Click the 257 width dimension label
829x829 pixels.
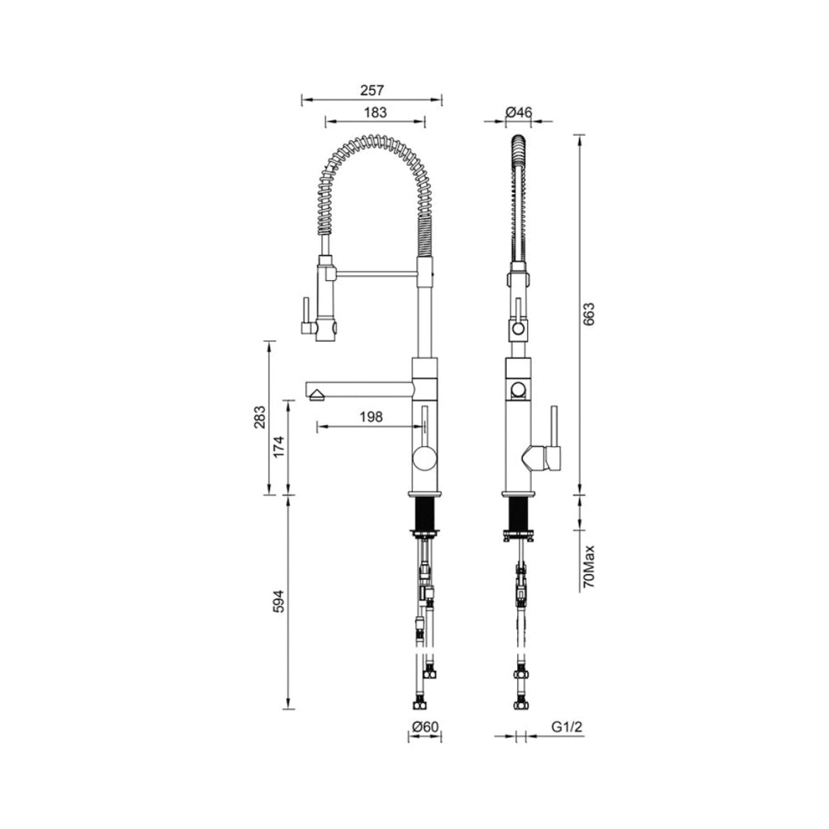[372, 91]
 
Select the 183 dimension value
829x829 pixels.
[375, 113]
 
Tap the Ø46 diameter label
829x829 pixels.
[518, 112]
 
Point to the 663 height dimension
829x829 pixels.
[589, 313]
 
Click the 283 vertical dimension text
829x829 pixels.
[259, 418]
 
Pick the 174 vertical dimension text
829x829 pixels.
[278, 447]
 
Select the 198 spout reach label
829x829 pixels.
[370, 417]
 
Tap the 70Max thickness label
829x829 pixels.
[589, 567]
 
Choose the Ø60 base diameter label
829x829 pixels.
[425, 727]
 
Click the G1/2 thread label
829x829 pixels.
[568, 727]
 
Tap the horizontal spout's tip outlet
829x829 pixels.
[315, 394]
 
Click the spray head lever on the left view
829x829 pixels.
[306, 315]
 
